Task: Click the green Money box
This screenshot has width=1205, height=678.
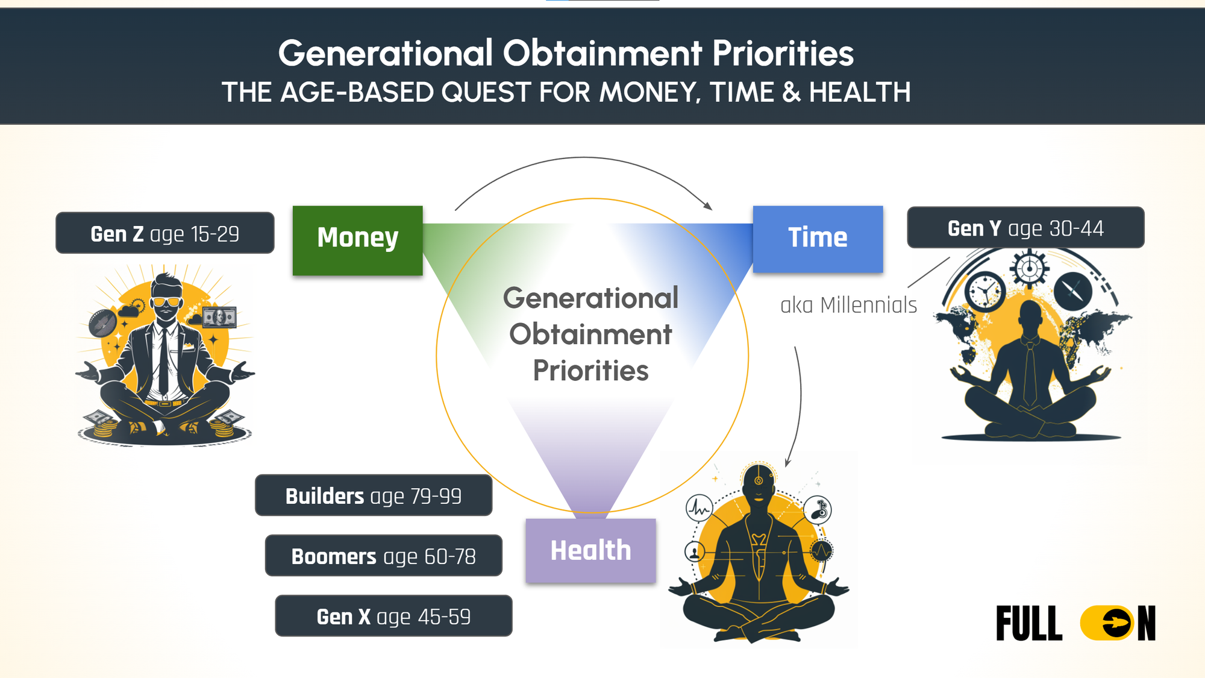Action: point(358,240)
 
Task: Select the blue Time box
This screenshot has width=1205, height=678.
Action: point(818,239)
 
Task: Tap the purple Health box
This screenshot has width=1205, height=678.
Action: point(590,550)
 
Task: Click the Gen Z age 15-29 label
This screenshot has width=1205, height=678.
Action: point(165,233)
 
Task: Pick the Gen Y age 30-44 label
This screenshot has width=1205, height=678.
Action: point(1025,227)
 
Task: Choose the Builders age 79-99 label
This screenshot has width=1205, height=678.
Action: point(374,495)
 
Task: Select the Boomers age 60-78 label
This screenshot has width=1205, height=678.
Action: point(384,556)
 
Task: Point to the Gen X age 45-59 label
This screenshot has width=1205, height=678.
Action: point(393,616)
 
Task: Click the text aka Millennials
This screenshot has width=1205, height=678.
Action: point(848,305)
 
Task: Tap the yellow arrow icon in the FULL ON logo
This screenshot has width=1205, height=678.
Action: point(1107,623)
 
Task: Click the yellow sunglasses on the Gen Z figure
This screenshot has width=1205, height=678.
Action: point(166,301)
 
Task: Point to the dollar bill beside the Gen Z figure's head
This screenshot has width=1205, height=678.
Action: point(219,316)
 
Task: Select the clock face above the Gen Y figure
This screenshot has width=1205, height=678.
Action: point(985,291)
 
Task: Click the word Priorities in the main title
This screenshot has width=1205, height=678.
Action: point(783,53)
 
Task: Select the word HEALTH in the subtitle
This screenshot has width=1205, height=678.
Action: point(860,92)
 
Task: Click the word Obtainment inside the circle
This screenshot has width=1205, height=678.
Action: point(590,334)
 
